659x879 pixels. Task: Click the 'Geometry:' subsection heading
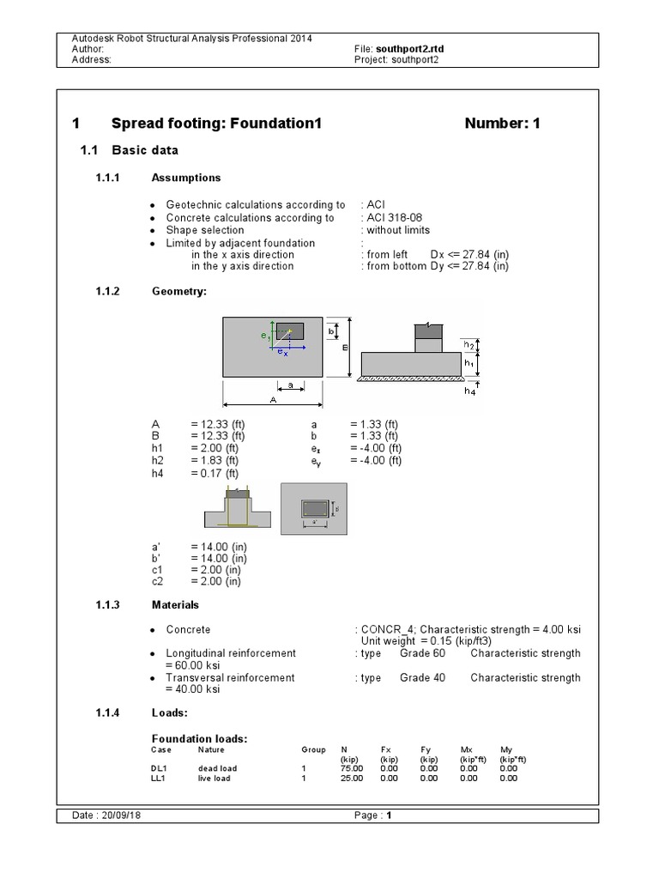(x=179, y=291)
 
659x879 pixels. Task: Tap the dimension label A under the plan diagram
(x=272, y=400)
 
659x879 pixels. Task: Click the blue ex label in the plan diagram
(x=282, y=353)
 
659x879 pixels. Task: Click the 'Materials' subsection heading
(x=175, y=604)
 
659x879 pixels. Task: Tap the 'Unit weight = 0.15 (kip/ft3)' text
(x=431, y=641)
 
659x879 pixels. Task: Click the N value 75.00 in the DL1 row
(x=352, y=768)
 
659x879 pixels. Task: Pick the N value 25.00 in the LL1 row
(x=352, y=779)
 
